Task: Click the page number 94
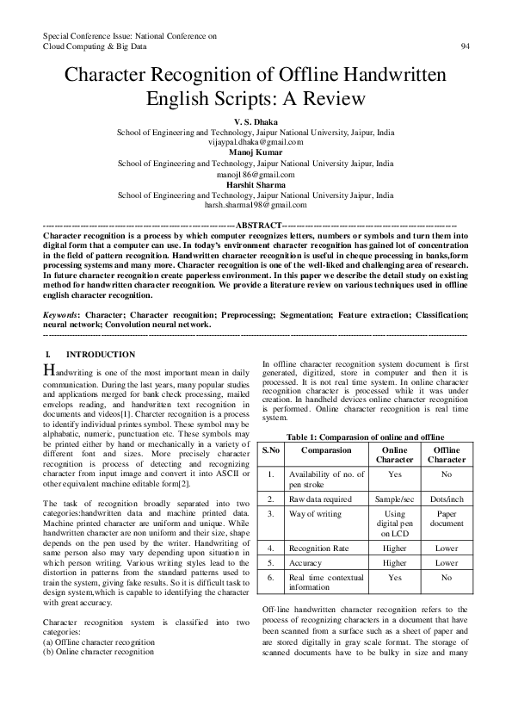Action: point(466,46)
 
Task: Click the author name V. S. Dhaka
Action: point(256,123)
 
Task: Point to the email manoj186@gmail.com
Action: point(256,172)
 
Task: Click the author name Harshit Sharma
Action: point(256,183)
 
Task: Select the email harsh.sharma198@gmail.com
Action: point(256,205)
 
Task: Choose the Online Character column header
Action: point(394,455)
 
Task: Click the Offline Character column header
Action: point(447,455)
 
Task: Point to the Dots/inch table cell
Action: point(447,499)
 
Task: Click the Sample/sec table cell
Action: point(394,499)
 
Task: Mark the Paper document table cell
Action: point(447,518)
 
